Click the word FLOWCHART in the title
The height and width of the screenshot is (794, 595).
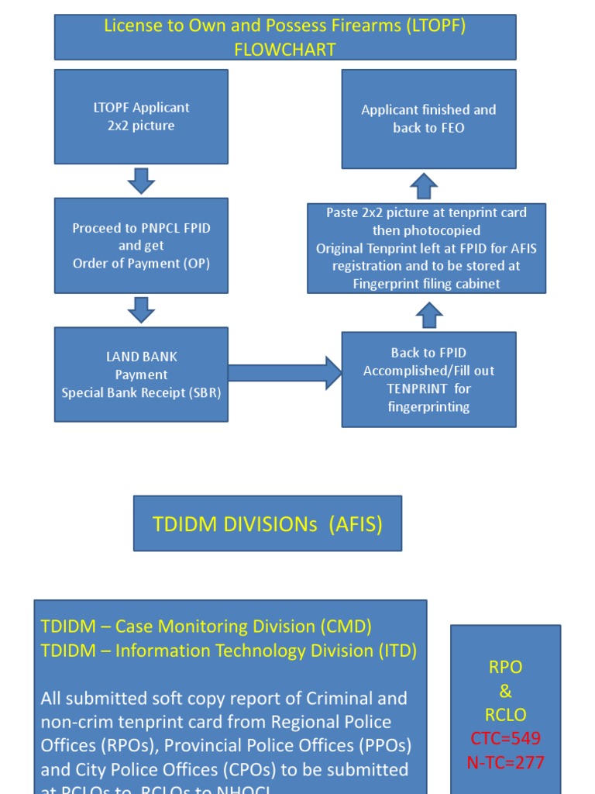coord(284,50)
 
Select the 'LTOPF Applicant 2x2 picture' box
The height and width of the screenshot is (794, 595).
coord(141,116)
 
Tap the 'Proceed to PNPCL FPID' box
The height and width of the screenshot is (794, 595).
coord(141,245)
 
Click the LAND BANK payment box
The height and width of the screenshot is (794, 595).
coord(141,374)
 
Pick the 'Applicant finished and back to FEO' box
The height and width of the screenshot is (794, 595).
coord(428,119)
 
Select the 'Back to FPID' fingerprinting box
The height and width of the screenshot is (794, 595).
coord(428,379)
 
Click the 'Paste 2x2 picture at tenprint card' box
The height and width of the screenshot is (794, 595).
coord(426,248)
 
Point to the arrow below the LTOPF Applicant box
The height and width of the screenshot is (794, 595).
coord(141,181)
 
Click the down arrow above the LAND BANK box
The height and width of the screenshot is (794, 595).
coord(141,309)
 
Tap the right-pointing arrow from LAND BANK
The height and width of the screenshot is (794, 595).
coord(284,373)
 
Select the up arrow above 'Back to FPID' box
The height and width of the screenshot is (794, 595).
coord(429,315)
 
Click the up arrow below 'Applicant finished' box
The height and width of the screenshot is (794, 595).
coord(424,186)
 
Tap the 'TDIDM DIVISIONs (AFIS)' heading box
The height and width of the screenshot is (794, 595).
coord(267,523)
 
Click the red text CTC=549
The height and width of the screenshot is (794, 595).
coord(505,738)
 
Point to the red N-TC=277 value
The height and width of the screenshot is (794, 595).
coord(505,762)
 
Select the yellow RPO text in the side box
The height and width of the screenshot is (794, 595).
coord(505,668)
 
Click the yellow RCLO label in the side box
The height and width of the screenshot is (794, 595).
coord(505,715)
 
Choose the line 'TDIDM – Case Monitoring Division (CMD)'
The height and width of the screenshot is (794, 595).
coord(206,626)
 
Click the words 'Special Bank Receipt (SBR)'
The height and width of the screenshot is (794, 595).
coord(141,392)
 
